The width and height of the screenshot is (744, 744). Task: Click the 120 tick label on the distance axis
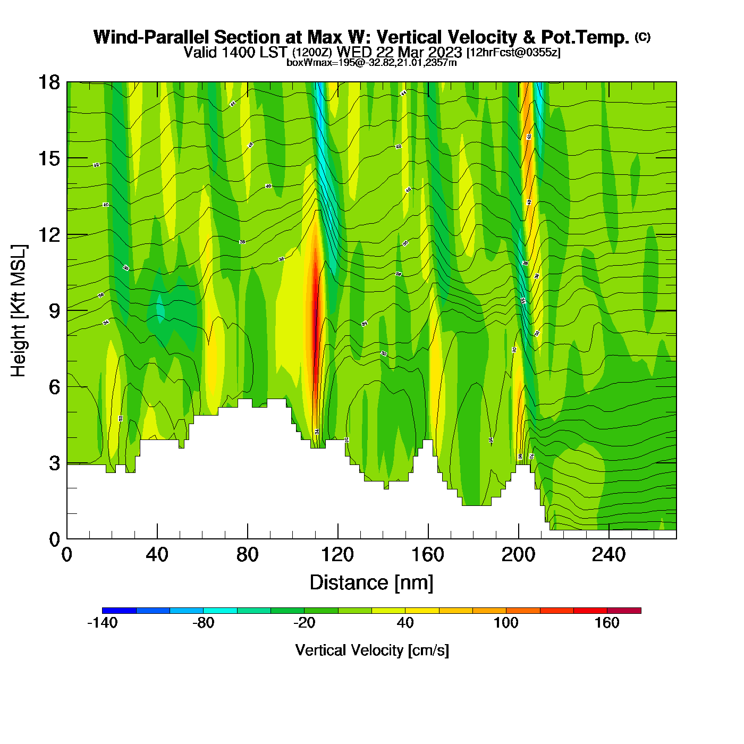[337, 555]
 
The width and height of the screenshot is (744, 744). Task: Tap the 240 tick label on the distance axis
[608, 555]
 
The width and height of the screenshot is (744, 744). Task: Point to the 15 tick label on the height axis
[49, 158]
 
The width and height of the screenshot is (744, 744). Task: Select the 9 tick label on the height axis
[54, 311]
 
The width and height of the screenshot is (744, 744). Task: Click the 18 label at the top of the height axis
[49, 82]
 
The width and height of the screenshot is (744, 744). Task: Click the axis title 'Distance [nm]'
[371, 583]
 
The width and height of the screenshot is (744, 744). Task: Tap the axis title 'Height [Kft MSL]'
[19, 311]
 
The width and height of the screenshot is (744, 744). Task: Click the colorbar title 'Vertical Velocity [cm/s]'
[372, 650]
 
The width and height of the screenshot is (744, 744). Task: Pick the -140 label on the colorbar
[102, 623]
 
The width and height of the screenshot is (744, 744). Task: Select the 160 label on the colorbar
[607, 623]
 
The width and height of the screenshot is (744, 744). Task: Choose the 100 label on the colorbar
[506, 623]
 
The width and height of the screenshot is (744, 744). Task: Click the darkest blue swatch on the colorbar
[119, 611]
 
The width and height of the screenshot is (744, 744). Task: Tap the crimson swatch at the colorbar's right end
[624, 611]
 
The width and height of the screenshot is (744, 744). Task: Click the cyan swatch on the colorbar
[220, 611]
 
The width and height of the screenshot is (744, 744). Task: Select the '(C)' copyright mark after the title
[642, 37]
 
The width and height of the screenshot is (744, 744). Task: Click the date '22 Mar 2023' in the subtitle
[419, 52]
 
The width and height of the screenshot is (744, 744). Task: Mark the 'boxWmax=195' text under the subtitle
[317, 63]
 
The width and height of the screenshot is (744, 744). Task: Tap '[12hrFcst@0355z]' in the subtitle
[513, 53]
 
